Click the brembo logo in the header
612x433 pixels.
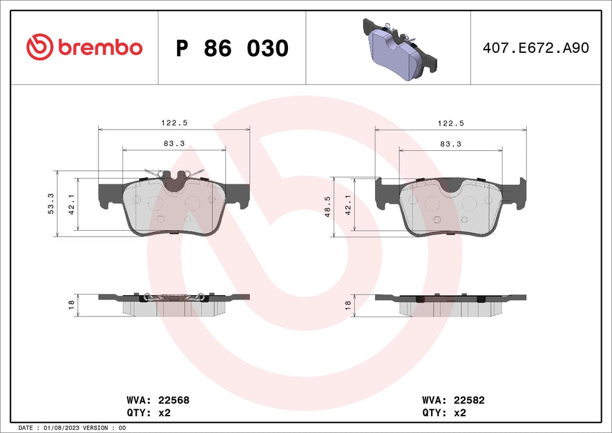tap(84, 47)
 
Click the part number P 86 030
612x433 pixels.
tap(232, 48)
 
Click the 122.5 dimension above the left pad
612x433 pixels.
tap(174, 123)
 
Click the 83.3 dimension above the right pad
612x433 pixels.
tap(450, 144)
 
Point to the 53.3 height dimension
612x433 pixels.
tap(52, 204)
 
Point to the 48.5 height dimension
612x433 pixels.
tap(327, 207)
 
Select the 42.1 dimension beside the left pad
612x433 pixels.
tap(72, 204)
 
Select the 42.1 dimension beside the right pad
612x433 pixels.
tap(348, 204)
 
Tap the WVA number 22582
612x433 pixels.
tap(470, 400)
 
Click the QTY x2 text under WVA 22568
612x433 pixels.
tap(154, 412)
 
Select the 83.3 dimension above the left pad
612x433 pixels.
tap(174, 144)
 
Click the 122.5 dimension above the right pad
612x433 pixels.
tap(450, 123)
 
